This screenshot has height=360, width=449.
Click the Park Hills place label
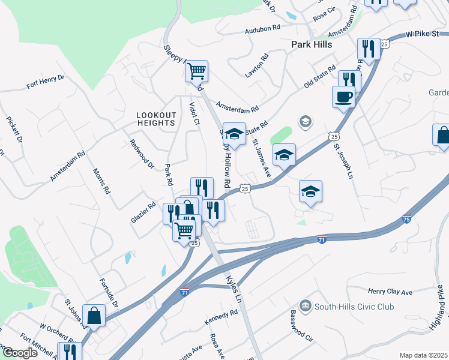tap(311, 44)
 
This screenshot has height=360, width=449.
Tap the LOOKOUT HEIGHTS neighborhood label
tap(156, 119)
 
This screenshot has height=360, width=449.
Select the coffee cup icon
tap(343, 96)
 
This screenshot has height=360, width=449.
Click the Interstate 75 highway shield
tap(407, 221)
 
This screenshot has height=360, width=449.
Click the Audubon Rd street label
tap(262, 28)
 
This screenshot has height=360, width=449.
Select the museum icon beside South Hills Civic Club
tap(306, 307)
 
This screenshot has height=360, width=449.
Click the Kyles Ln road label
tap(234, 288)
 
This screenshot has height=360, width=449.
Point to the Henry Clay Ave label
tap(390, 292)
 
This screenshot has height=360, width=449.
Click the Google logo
tap(20, 353)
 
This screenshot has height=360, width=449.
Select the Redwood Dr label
tap(142, 154)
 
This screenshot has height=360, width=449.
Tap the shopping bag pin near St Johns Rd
tap(94, 314)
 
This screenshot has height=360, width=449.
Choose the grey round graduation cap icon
tap(305, 122)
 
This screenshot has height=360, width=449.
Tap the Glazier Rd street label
tap(143, 212)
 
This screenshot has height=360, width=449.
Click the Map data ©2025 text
tap(423, 355)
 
